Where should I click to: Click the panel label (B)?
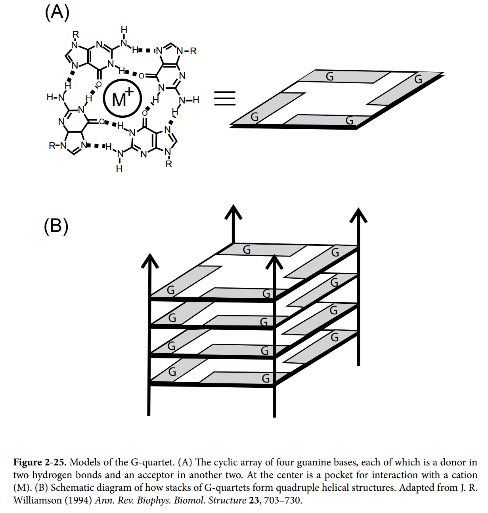pyautogui.click(x=56, y=226)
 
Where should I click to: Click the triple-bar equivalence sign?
pyautogui.click(x=225, y=98)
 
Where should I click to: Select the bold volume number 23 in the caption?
pyautogui.click(x=253, y=500)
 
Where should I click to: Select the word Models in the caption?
pyautogui.click(x=86, y=462)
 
